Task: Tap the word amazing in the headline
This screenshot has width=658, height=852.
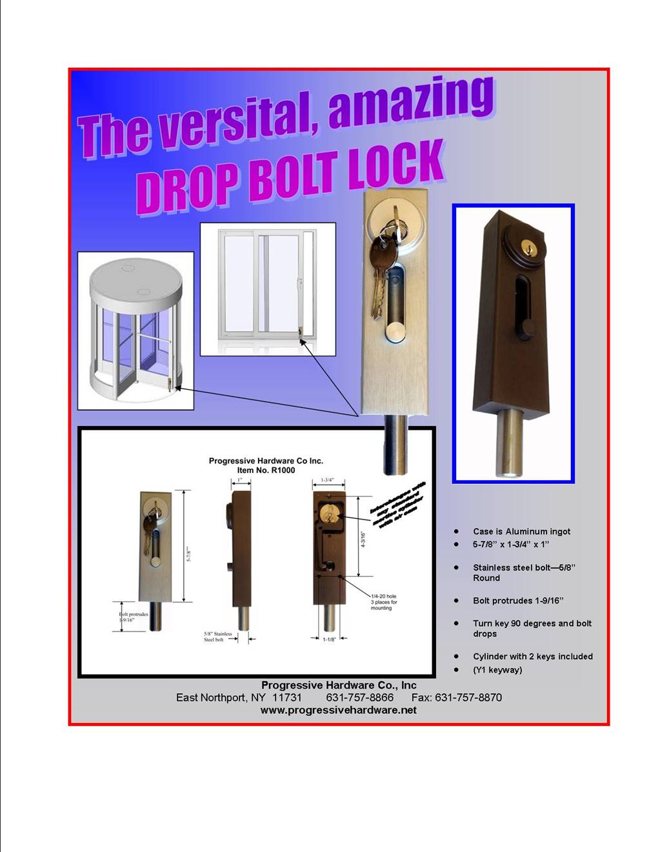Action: click(x=412, y=102)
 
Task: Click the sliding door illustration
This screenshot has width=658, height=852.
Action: click(x=268, y=289)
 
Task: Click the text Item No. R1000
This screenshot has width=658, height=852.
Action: click(x=266, y=471)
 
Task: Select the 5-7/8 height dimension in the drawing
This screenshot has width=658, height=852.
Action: click(x=189, y=546)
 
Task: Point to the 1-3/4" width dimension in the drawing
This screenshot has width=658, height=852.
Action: click(x=328, y=480)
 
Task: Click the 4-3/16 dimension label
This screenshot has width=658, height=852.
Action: click(x=363, y=540)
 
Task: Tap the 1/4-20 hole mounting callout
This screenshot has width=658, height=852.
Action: click(x=384, y=602)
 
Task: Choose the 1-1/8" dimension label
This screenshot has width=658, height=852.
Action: click(x=329, y=640)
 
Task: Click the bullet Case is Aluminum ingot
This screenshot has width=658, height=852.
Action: click(x=521, y=531)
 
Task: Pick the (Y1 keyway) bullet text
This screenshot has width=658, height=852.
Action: click(x=497, y=670)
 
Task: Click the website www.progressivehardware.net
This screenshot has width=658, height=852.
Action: click(x=338, y=710)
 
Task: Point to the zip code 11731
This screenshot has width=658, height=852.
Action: click(x=286, y=697)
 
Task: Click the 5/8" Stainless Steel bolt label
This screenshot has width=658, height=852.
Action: click(x=218, y=637)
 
